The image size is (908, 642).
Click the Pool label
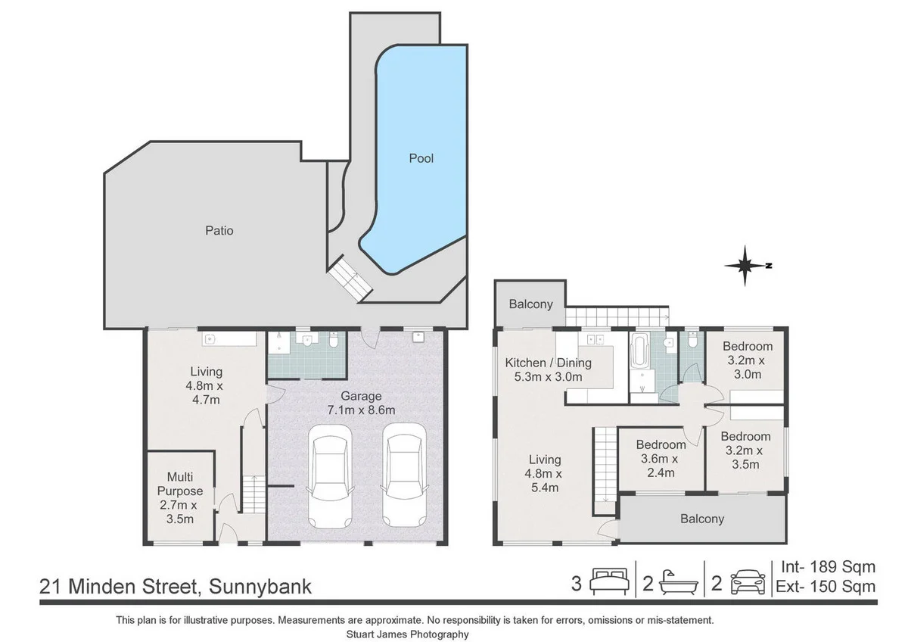pyautogui.click(x=421, y=158)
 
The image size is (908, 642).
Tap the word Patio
pyautogui.click(x=219, y=231)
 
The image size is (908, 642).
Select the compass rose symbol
pyautogui.click(x=747, y=266)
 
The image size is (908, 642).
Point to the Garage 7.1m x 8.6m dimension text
pyautogui.click(x=361, y=410)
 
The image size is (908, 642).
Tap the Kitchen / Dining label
pyautogui.click(x=548, y=363)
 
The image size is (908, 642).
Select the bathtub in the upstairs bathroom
pyautogui.click(x=640, y=351)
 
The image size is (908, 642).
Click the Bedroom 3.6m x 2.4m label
pyautogui.click(x=661, y=459)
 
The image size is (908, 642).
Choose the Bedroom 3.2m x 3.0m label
pyautogui.click(x=748, y=360)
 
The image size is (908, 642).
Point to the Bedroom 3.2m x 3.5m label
pyautogui.click(x=745, y=450)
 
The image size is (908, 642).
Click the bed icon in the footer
pyautogui.click(x=609, y=583)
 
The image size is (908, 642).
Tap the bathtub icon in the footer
pyautogui.click(x=679, y=583)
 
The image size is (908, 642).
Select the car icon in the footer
pyautogui.click(x=748, y=582)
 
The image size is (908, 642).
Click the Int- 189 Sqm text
pyautogui.click(x=828, y=567)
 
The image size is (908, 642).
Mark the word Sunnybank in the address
pyautogui.click(x=260, y=587)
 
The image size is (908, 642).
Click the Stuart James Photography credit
pyautogui.click(x=407, y=634)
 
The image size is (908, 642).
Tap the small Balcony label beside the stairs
pyautogui.click(x=530, y=304)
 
